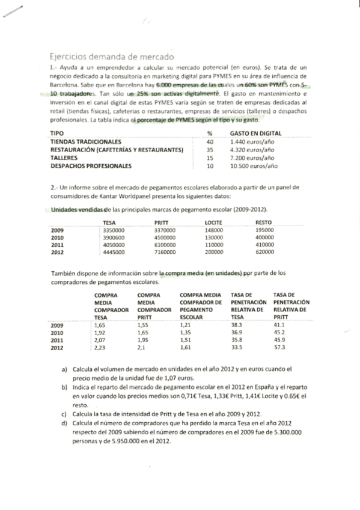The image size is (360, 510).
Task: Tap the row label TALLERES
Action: [x=64, y=157]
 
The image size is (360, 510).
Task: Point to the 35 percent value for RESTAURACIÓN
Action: [x=210, y=149]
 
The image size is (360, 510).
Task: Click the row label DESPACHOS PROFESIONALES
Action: [x=90, y=165]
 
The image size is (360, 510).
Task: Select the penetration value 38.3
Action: [x=236, y=325]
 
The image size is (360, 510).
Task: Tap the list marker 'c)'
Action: [x=64, y=414]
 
